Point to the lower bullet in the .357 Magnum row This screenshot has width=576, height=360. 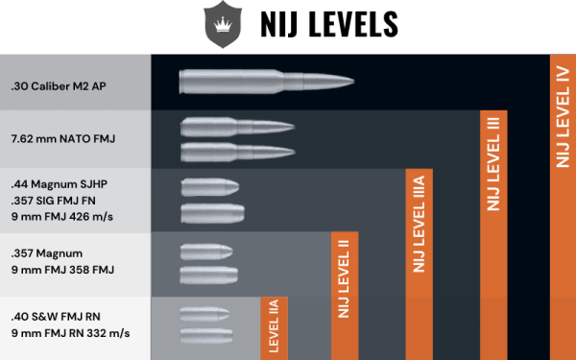point(207,276)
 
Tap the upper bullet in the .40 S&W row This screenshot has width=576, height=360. point(204,314)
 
